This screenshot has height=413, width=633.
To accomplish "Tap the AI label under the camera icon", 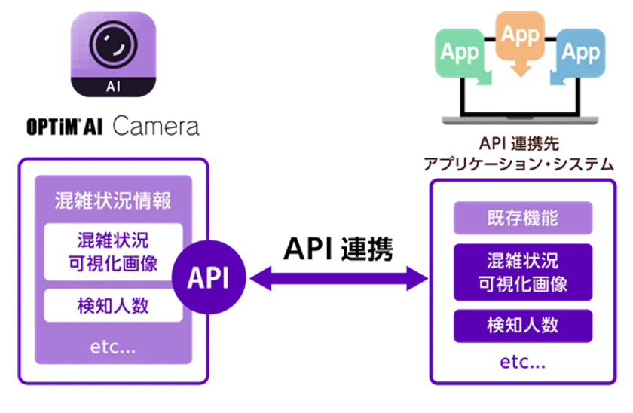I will click(114, 86).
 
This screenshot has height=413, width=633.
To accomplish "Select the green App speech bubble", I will click(460, 52).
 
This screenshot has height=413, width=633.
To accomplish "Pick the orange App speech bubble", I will click(519, 36).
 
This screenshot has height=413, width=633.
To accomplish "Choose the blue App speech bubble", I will click(580, 52).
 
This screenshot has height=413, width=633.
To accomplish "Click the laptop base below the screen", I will click(521, 120).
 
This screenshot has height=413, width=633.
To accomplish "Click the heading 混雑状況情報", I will click(113, 201).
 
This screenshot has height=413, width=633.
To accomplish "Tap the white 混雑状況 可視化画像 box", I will click(113, 251).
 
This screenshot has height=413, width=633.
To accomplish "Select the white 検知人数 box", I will click(113, 306).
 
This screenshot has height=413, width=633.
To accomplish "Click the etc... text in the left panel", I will click(113, 347).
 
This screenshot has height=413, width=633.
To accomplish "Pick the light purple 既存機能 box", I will click(523, 218).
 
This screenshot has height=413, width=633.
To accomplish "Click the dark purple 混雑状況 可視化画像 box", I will click(523, 272).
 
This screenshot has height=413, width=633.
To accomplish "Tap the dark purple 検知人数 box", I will click(523, 326).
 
